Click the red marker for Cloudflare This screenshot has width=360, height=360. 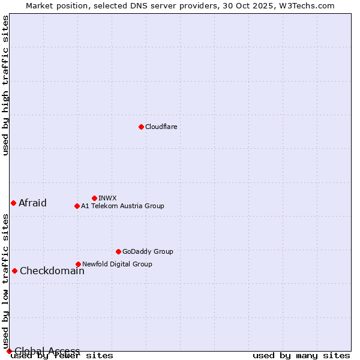(x=141, y=127)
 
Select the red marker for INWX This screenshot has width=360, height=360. (x=94, y=198)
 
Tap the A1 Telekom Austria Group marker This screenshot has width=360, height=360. (x=77, y=206)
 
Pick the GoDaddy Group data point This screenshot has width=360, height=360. (x=118, y=251)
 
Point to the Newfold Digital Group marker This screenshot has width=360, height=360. (x=78, y=264)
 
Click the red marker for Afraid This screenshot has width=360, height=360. (x=13, y=203)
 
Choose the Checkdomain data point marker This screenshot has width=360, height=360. (x=14, y=271)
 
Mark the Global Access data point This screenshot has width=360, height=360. (x=9, y=351)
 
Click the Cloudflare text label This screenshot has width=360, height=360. (x=161, y=127)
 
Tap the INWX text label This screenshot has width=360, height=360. (x=107, y=198)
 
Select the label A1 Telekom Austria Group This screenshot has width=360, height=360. (x=122, y=206)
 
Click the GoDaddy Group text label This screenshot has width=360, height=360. (x=148, y=251)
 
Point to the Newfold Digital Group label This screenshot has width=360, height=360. (x=117, y=264)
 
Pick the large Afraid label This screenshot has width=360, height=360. (x=32, y=203)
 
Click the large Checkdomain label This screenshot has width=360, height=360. (x=52, y=271)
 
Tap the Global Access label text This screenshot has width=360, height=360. (x=47, y=351)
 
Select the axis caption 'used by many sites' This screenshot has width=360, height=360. (x=301, y=356)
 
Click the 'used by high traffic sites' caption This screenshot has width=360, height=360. (x=6, y=85)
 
